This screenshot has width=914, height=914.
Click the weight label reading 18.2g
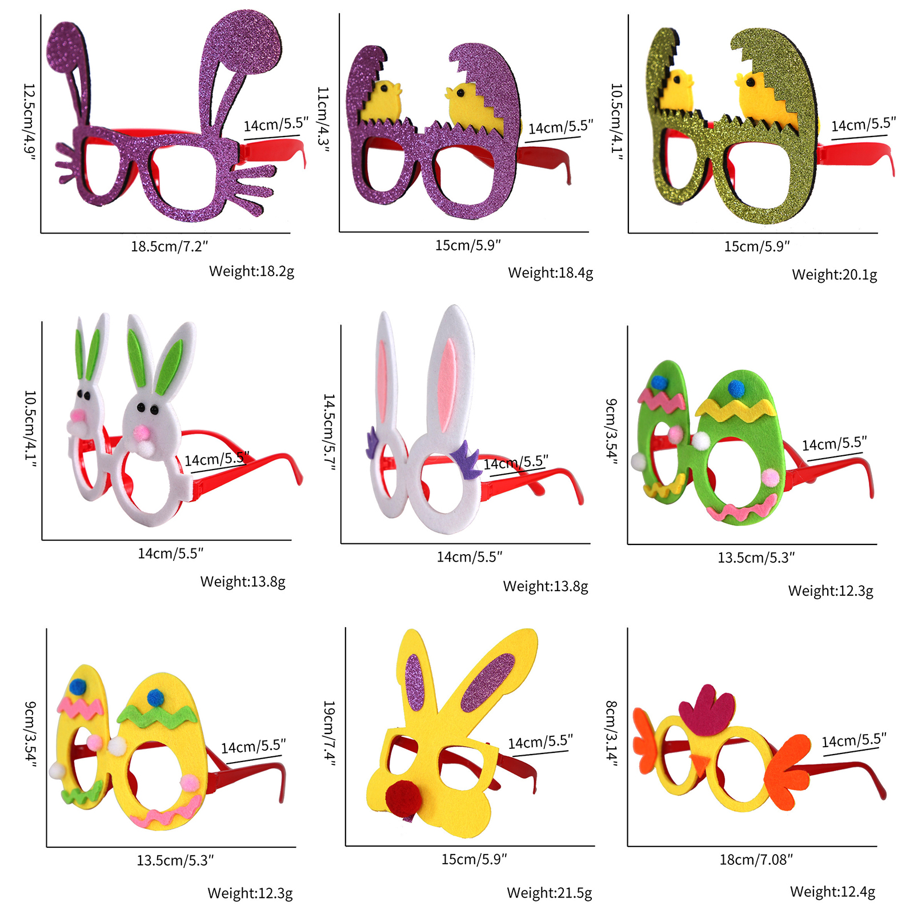coord(251,271)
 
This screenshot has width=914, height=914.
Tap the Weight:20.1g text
coord(834,275)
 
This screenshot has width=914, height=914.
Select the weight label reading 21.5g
coord(549,893)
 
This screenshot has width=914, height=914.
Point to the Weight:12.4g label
coord(832,892)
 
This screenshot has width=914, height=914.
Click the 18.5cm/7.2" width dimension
coord(169,246)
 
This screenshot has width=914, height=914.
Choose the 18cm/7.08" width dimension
coord(756,860)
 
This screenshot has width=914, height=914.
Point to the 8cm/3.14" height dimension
coord(611,734)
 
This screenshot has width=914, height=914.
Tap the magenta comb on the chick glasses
coord(707,710)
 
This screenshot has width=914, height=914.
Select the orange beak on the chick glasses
coord(699,764)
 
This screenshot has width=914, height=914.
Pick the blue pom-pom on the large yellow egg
coord(155,697)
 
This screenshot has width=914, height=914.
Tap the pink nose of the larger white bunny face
coord(141,432)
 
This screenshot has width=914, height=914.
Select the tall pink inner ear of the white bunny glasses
coord(447,385)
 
